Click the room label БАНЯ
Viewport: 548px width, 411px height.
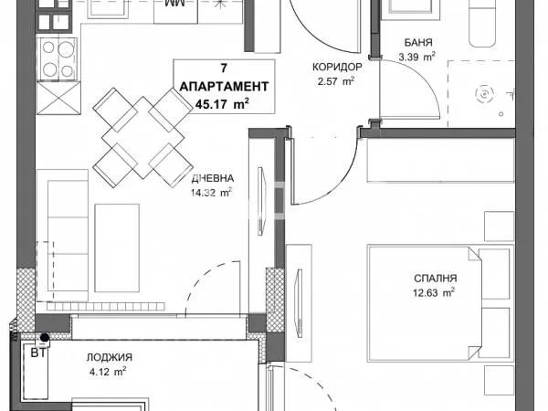coord(418,42)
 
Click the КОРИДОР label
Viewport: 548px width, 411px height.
coord(337,67)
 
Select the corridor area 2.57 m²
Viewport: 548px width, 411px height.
coord(334,81)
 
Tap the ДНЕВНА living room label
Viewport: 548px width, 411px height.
coord(212,179)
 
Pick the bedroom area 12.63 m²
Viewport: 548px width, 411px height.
coord(432,293)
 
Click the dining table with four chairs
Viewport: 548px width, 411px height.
coord(141,135)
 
